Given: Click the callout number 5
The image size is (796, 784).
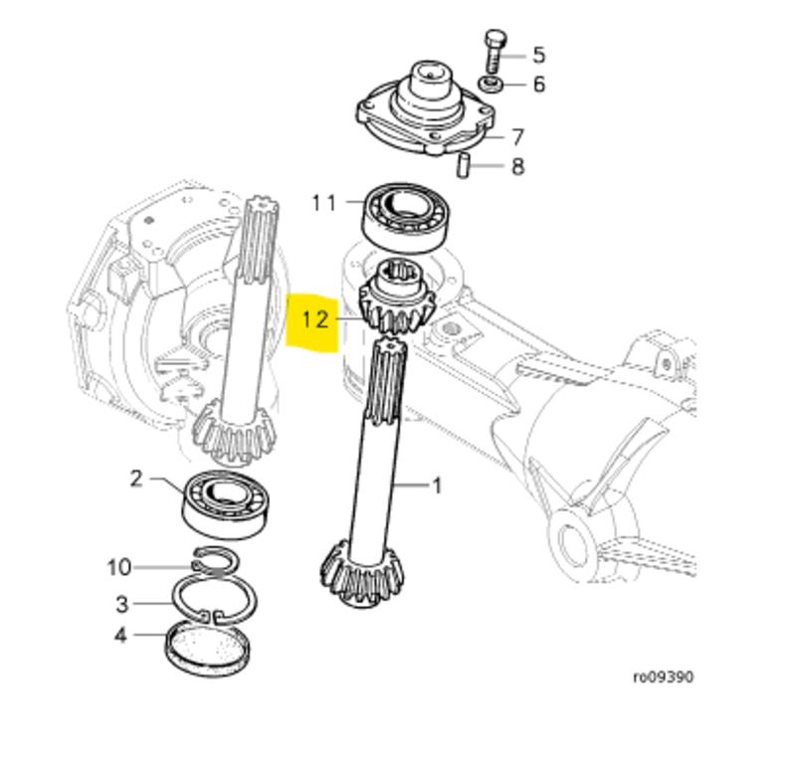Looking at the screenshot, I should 538,54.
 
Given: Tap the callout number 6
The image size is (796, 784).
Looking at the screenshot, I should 538,85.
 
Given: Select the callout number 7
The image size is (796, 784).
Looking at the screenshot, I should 518,136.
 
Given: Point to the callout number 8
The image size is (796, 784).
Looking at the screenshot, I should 517,166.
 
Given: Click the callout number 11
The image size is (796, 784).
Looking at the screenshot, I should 324,203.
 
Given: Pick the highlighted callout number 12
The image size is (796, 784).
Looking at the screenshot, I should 314,319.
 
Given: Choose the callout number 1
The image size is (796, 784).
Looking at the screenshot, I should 435,486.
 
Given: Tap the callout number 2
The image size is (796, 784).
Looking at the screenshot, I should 137,480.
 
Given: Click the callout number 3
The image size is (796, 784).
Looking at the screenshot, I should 121,604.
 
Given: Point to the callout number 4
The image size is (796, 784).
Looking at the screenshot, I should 120,634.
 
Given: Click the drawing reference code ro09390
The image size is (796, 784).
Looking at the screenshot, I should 664,678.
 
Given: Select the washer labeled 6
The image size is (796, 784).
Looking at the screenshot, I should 490,82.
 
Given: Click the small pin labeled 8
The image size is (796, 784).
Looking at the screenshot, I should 463,164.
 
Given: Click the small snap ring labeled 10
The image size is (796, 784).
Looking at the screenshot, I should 217,564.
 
